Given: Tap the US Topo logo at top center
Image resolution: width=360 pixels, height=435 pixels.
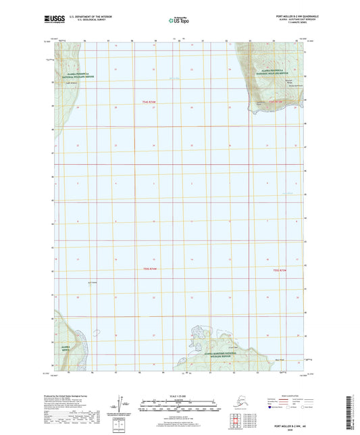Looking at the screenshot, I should point(179,21).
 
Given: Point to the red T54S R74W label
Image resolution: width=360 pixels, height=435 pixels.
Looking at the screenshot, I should point(149,102).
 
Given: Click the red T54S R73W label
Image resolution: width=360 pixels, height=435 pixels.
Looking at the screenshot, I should point(273,102).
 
